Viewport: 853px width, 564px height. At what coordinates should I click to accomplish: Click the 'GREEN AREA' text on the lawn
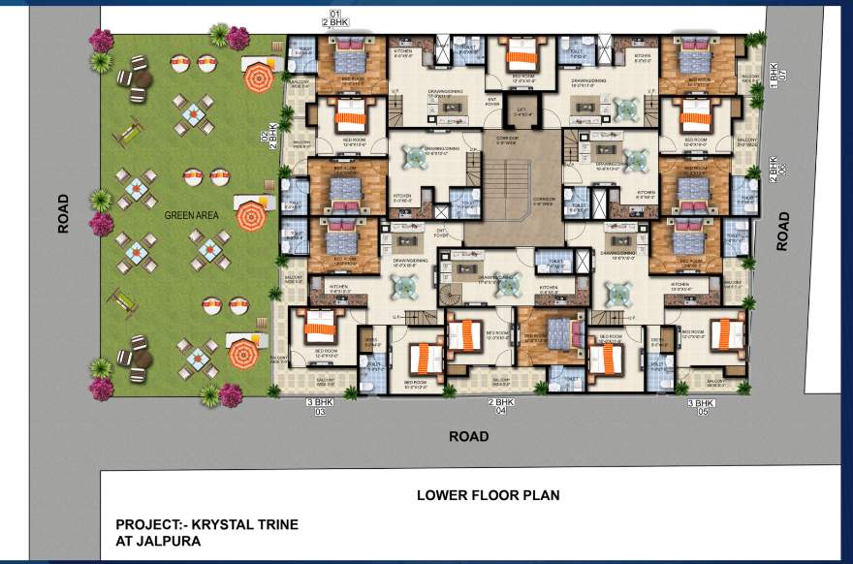(188, 215)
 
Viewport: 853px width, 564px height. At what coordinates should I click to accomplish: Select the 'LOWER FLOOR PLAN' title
(488, 495)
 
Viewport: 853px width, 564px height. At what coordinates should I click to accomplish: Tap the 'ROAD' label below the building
(468, 436)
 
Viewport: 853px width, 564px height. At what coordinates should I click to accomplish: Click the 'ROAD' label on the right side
(783, 232)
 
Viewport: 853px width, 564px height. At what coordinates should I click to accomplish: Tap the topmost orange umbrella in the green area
(258, 75)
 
